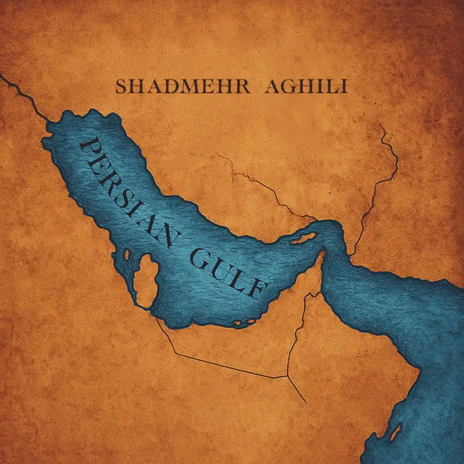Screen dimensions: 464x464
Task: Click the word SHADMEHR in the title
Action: coord(182,87)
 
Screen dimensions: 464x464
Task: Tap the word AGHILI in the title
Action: coord(306,87)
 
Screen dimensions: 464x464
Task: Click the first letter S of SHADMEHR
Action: coord(121,87)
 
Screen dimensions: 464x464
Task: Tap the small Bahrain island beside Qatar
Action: coord(126,255)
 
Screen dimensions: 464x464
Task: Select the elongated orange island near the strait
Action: coord(303,238)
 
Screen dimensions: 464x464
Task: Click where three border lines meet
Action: coord(287,376)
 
